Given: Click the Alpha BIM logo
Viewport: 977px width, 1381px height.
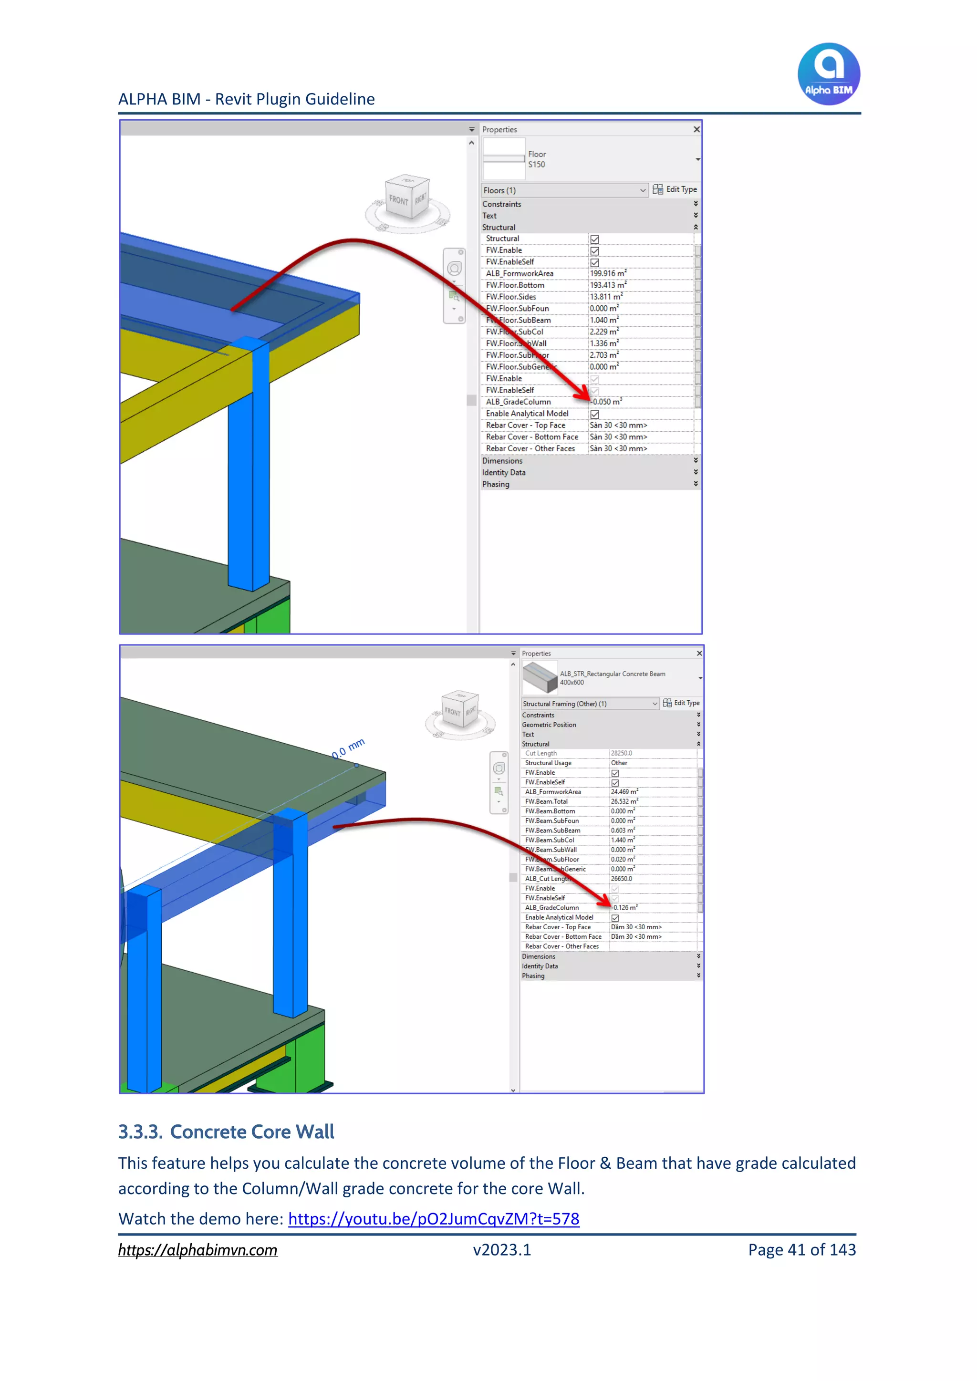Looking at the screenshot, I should [x=829, y=73].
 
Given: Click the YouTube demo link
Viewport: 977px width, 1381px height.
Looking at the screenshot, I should [x=433, y=1219].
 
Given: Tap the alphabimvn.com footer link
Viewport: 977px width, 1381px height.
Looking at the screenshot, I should [x=197, y=1250].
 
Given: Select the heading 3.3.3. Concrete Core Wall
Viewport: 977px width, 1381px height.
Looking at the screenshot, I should [x=226, y=1132].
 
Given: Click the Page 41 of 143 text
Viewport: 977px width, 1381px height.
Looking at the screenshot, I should [x=801, y=1250].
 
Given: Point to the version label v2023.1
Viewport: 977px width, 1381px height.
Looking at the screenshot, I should [x=502, y=1250].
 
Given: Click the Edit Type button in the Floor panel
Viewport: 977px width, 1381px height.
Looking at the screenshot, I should [x=675, y=189].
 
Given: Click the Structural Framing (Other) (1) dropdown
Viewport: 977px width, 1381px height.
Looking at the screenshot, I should [x=590, y=704].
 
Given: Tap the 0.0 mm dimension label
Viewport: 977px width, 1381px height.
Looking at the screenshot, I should [x=348, y=749].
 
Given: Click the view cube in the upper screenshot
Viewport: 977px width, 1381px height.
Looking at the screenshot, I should [x=407, y=198].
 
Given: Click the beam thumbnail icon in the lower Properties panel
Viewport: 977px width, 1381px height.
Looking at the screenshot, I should [x=540, y=677].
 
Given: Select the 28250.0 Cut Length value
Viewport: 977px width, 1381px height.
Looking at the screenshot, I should [x=622, y=753].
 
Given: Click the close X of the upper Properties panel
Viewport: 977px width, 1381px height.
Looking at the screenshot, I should [x=696, y=129].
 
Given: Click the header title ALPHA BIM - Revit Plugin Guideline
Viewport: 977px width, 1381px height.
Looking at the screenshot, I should [x=247, y=99].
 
